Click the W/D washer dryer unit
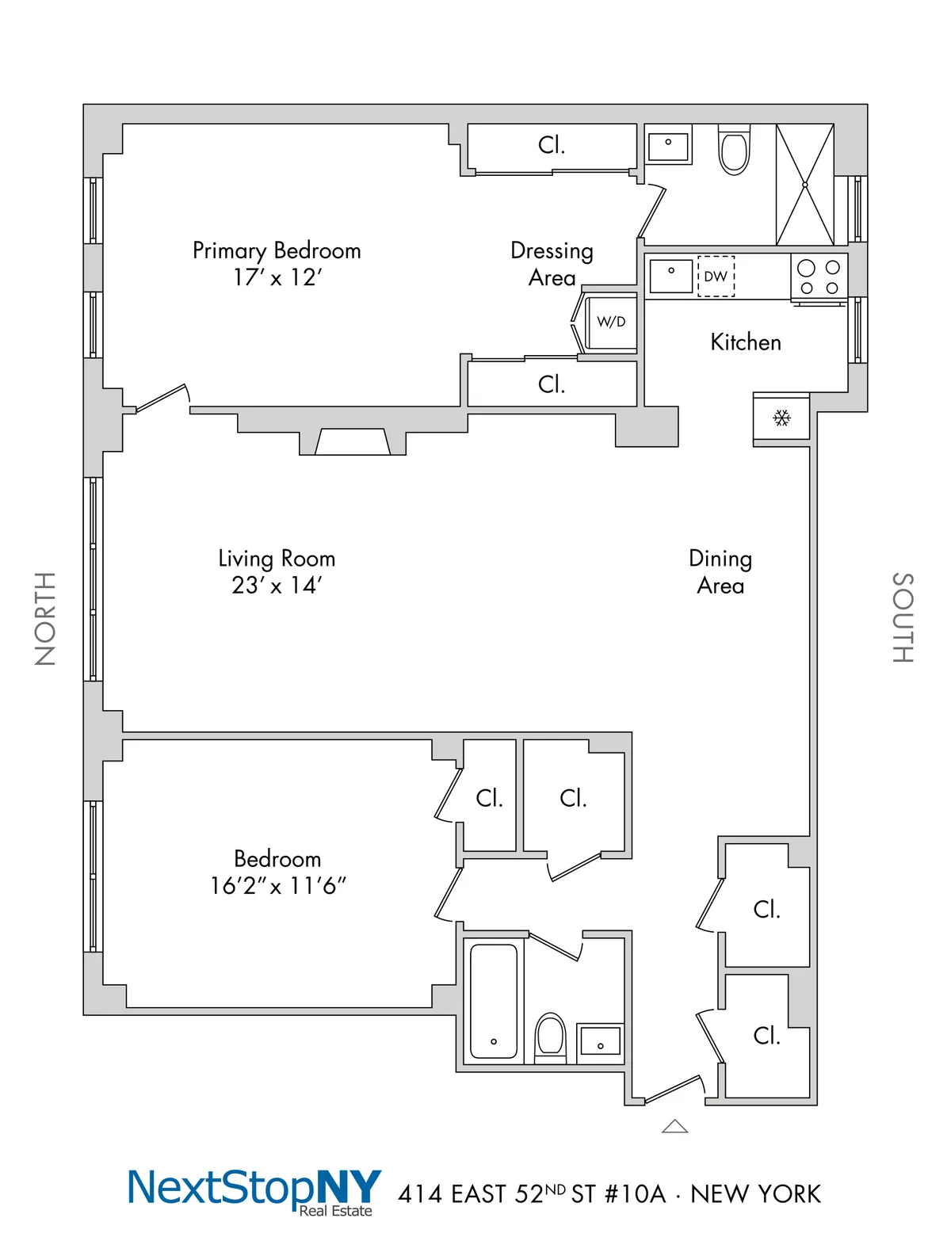[610, 323]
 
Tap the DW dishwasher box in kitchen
[716, 277]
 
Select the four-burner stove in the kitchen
[819, 277]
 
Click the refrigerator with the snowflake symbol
[781, 418]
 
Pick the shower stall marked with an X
[804, 185]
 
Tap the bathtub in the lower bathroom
[493, 1001]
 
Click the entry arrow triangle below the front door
[674, 1126]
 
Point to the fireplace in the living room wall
[352, 441]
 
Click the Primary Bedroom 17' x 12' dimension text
[277, 277]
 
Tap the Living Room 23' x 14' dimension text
[277, 586]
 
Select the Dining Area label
[720, 571]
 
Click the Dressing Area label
[552, 264]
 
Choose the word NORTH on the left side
[45, 618]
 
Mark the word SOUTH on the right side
[903, 617]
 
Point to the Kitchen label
[746, 342]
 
